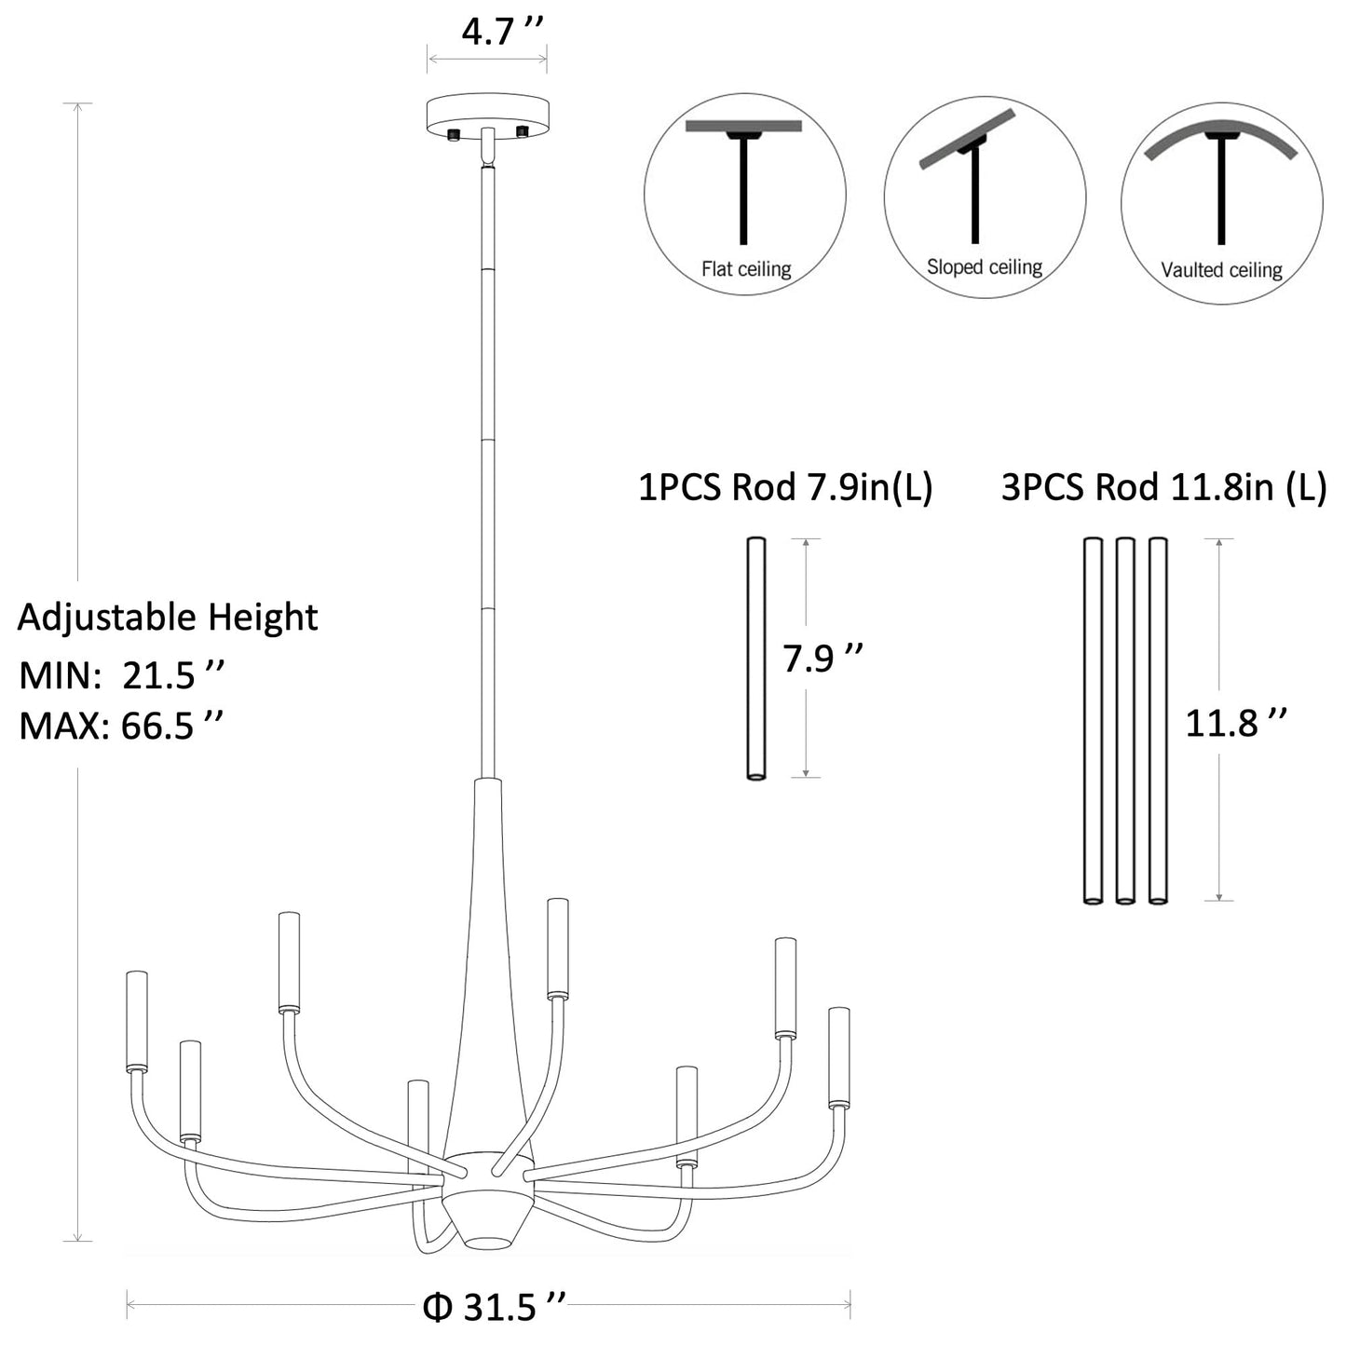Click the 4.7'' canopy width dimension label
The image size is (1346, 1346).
click(x=501, y=32)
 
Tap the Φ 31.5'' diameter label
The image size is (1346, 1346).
click(x=495, y=1307)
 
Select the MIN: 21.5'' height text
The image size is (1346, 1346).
click(x=121, y=675)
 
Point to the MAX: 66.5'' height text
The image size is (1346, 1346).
click(x=121, y=726)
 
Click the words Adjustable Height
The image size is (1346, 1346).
click(x=168, y=618)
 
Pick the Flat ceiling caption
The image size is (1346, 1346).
click(x=746, y=269)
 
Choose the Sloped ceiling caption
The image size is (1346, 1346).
click(x=985, y=266)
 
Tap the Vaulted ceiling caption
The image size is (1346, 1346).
click(x=1221, y=269)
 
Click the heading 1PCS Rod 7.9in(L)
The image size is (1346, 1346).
click(x=786, y=487)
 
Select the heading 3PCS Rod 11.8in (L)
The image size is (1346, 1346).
click(x=1163, y=487)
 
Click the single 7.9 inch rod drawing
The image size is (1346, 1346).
click(x=755, y=658)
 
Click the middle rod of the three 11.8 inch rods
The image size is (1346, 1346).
click(x=1124, y=721)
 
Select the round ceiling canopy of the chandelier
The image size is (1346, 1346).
click(x=487, y=116)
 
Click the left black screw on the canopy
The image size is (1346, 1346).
click(x=455, y=134)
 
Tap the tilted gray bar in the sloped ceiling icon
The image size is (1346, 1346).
click(x=967, y=139)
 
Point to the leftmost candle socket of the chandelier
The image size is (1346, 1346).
click(x=137, y=1021)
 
